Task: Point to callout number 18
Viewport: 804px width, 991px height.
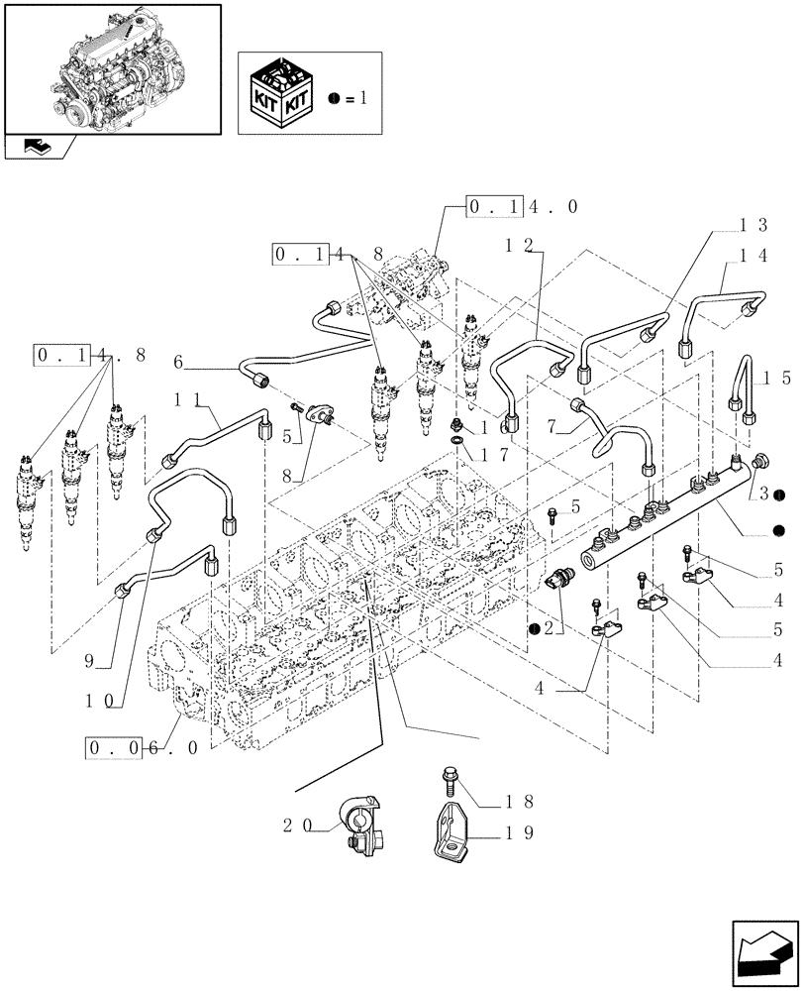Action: pyautogui.click(x=524, y=801)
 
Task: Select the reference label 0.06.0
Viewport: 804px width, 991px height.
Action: pyautogui.click(x=143, y=747)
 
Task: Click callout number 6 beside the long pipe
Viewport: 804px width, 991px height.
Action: pyautogui.click(x=178, y=364)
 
